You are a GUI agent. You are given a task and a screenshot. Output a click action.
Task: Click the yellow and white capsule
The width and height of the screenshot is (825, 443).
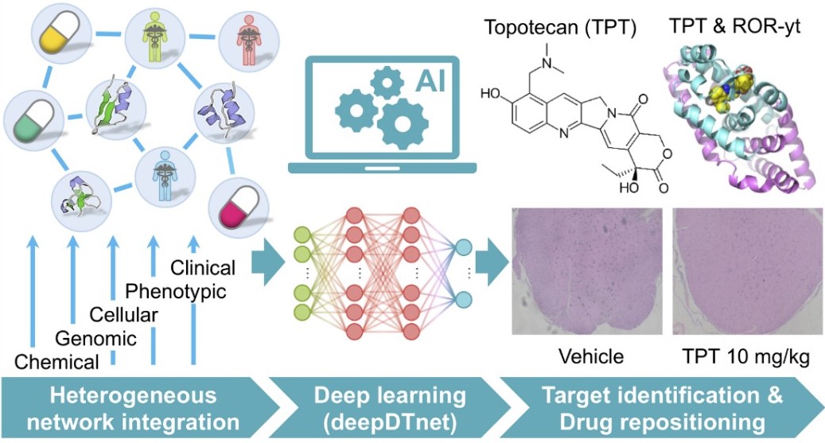point(57,31)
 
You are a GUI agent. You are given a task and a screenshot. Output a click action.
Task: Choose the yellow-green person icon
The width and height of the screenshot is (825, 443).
point(152,36)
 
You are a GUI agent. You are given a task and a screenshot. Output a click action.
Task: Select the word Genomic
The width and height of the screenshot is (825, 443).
point(94,339)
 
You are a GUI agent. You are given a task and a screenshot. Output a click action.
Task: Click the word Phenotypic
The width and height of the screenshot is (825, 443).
point(176,292)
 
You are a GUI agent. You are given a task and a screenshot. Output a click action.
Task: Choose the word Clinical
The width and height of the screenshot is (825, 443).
point(203,268)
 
